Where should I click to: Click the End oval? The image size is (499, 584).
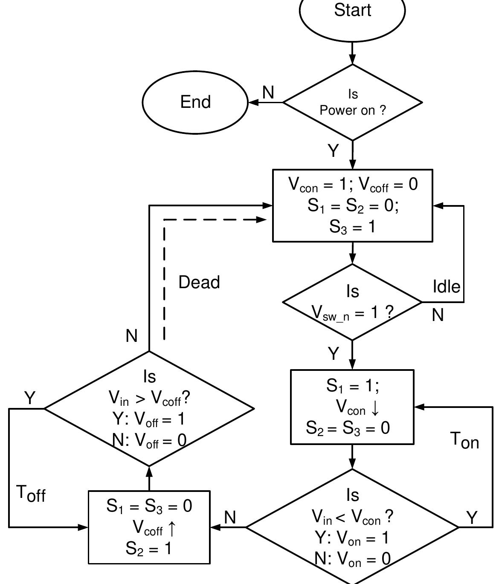coord(195,102)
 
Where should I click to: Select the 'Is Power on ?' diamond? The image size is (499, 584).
coord(352,102)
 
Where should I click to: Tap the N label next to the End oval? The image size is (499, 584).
coord(268,93)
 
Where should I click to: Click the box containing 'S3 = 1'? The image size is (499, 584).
coord(352,205)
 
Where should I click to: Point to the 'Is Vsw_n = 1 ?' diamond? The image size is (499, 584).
coord(352,302)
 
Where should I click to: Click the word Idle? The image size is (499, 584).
coord(447,286)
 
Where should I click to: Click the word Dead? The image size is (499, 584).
coord(199,282)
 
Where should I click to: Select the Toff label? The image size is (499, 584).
coord(31,494)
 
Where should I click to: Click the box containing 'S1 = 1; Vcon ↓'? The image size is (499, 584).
coord(352,407)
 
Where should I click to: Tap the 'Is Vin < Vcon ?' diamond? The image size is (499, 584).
coord(352,527)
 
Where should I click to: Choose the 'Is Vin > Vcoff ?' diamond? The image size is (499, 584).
coord(149,408)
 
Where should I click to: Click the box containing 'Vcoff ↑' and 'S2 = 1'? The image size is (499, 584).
coord(149,527)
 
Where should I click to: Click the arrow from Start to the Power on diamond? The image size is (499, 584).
coord(352,55)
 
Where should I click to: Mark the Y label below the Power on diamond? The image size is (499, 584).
coord(333,151)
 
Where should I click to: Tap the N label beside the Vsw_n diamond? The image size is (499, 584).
coord(438,315)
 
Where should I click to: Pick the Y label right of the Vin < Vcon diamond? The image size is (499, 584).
coord(472,518)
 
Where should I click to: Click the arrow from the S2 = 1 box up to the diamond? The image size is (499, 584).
coord(149,478)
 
